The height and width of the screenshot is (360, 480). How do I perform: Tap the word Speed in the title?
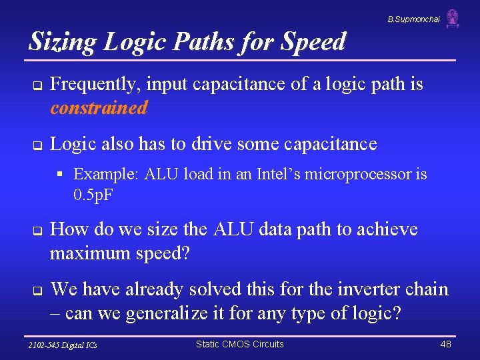(314, 41)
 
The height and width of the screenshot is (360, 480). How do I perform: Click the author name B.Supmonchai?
(413, 19)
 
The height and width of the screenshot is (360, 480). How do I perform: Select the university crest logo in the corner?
(453, 19)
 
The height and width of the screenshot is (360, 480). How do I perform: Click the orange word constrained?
(98, 108)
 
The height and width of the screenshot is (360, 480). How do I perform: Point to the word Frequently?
(95, 85)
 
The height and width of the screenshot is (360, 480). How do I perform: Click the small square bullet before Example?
(60, 175)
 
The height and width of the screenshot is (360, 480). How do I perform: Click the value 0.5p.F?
(93, 196)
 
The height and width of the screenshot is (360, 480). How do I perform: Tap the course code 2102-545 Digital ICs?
(63, 345)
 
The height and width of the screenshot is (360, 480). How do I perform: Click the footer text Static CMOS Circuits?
(239, 344)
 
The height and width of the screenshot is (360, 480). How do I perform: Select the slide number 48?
(446, 344)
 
